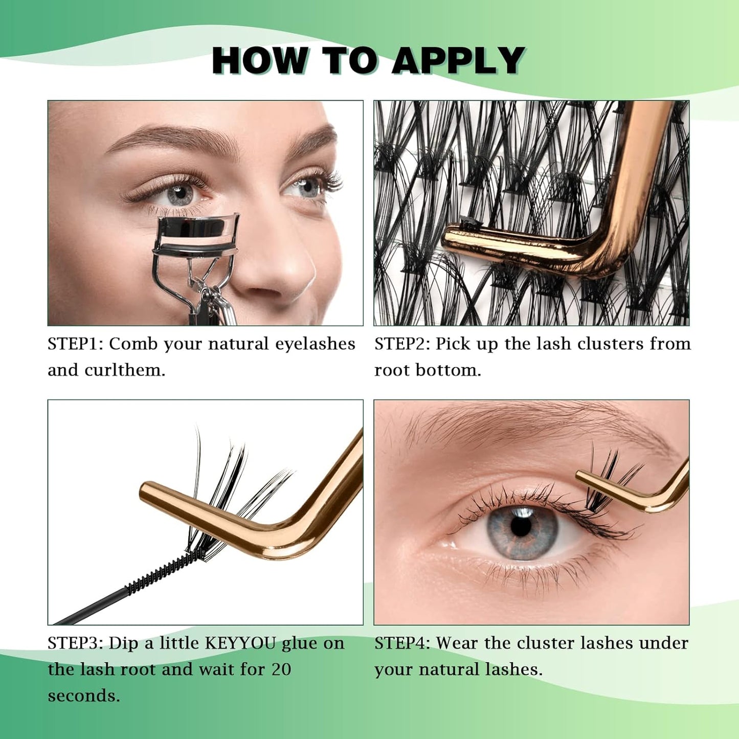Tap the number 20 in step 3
281,669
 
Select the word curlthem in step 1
125,370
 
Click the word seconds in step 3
84,696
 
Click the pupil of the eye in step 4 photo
521,527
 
